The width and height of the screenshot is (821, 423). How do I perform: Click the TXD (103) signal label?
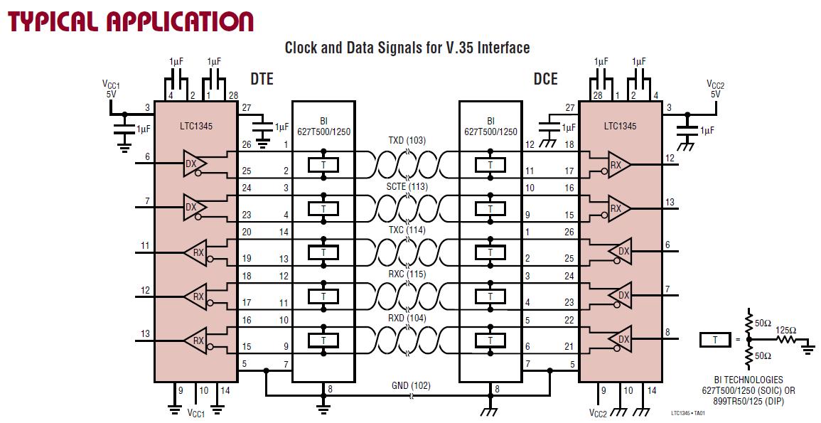point(407,140)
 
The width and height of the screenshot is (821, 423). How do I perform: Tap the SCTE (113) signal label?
point(407,187)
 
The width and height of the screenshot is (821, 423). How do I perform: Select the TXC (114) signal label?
point(407,230)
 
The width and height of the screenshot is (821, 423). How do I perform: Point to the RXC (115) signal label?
point(407,274)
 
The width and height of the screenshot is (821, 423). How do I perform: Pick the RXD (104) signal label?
point(407,318)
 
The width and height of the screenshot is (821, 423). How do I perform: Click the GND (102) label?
point(411,386)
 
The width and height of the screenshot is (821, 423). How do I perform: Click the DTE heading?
point(262,79)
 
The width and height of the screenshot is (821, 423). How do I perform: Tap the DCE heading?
point(546,79)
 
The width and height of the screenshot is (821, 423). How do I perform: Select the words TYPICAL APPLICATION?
point(130,21)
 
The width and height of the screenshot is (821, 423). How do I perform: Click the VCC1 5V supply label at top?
point(111,89)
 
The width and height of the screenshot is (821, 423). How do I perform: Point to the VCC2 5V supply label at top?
point(715,89)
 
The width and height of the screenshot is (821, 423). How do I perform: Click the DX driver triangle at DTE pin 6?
point(193,164)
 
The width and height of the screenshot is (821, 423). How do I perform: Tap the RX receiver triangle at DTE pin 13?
point(197,341)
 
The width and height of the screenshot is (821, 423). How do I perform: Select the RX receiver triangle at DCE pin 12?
point(618,164)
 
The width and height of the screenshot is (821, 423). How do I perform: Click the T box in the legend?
point(715,340)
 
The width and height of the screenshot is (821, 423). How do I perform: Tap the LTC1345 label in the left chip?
point(195,127)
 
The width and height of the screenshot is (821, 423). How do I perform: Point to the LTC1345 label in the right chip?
point(620,127)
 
